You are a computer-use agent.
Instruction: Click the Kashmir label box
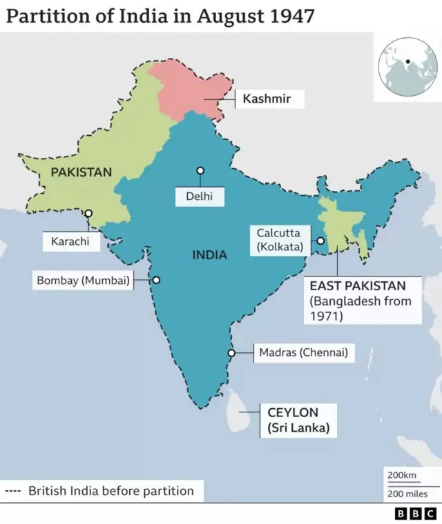(266, 99)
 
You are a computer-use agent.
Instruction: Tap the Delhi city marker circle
(200, 170)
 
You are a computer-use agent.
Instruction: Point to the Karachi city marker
(88, 214)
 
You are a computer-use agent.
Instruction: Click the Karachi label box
(71, 242)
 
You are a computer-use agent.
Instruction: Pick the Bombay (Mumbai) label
(83, 281)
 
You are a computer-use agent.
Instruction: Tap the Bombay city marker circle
(156, 280)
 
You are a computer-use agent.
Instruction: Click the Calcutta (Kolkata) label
(278, 240)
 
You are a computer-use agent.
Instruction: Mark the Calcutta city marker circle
(320, 241)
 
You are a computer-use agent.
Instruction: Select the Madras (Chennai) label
(302, 353)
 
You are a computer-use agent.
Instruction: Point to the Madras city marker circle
(231, 353)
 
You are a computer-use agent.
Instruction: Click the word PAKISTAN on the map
(81, 172)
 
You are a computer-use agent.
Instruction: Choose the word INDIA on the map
(209, 255)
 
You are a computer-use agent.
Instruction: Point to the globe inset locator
(407, 67)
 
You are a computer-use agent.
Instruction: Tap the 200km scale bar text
(401, 476)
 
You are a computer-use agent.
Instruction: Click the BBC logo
(416, 513)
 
